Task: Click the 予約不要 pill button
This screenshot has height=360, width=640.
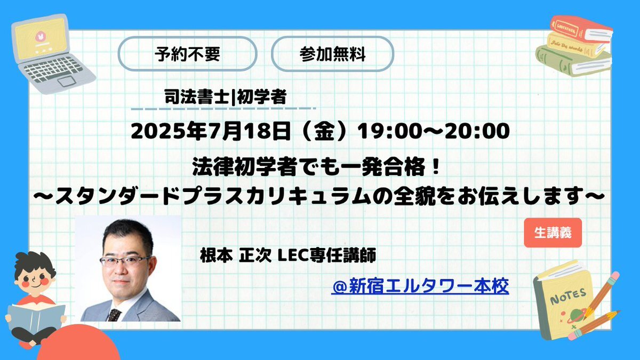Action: pos(187,54)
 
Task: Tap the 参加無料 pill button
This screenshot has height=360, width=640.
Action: pos(333,54)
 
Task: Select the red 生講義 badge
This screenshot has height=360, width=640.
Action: pos(553,233)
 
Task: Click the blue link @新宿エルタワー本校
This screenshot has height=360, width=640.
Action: pos(420,286)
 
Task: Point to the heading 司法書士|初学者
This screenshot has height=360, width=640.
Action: pos(226,97)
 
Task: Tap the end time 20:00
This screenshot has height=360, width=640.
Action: pos(477,131)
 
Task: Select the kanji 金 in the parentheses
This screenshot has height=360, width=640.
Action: pos(325,131)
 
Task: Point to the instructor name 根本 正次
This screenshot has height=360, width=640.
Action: pos(235,255)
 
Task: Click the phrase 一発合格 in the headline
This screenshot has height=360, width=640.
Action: pos(382,167)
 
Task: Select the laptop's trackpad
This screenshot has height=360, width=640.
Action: pos(67,81)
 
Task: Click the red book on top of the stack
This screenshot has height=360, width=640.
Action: pos(581,30)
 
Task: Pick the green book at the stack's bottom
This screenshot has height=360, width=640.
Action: pos(573,61)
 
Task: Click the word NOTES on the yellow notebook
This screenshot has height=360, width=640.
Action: pos(568,297)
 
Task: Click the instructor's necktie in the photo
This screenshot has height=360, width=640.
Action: pos(114,315)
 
